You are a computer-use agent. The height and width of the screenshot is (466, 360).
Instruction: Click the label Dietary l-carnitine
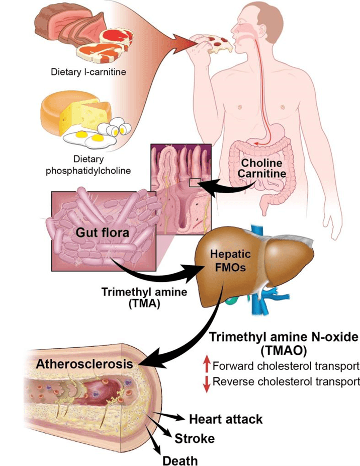pyautogui.click(x=88, y=72)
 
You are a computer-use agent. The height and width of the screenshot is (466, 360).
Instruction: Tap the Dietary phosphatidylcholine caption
pyautogui.click(x=88, y=165)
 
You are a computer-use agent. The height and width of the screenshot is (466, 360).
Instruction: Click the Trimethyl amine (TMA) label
pyautogui.click(x=130, y=297)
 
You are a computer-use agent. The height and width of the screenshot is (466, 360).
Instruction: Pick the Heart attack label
pyautogui.click(x=226, y=419)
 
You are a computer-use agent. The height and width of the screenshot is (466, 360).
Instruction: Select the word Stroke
pyautogui.click(x=195, y=438)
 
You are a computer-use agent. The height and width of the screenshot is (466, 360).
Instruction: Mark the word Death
pyautogui.click(x=179, y=460)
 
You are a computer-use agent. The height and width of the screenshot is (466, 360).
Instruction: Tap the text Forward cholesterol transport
pyautogui.click(x=286, y=366)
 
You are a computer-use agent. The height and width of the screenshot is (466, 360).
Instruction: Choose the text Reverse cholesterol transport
pyautogui.click(x=286, y=381)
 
